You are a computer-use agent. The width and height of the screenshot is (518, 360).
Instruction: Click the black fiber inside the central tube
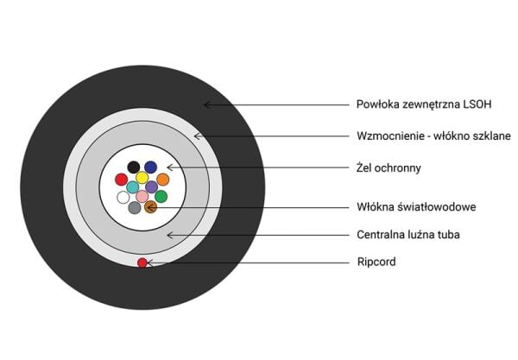[134, 167]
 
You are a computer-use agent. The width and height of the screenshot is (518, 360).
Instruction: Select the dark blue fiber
[150, 167]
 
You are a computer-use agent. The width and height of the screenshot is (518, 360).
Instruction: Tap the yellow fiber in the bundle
[142, 178]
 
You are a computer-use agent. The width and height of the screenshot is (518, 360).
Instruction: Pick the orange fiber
[162, 180]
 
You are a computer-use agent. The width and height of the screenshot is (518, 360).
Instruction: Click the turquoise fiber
[133, 186]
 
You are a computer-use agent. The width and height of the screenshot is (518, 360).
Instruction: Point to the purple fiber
[152, 186]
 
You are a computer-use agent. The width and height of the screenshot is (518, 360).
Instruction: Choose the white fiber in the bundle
[123, 197]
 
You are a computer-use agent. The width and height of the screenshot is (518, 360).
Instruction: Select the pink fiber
[142, 197]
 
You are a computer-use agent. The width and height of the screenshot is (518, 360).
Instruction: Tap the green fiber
[161, 197]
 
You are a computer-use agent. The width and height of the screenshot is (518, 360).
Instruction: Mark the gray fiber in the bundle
[134, 208]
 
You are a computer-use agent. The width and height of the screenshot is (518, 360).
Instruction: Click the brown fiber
[150, 207]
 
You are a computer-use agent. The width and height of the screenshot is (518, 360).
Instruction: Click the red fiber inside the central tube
[122, 180]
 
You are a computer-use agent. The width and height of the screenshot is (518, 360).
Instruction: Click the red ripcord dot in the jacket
[142, 262]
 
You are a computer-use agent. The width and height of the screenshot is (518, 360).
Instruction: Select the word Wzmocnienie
[390, 136]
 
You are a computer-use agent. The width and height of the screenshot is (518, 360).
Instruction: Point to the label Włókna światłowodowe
[416, 207]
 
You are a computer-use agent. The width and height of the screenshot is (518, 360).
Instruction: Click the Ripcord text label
[376, 262]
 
